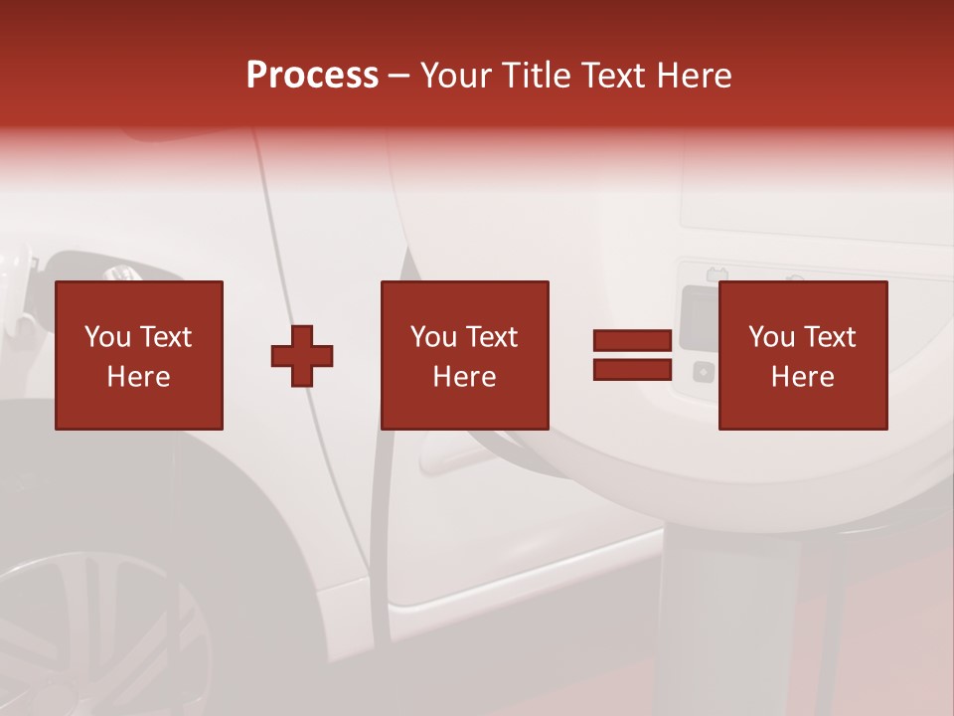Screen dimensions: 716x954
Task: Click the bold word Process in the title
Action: tap(312, 75)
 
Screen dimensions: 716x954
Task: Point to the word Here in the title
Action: tap(692, 75)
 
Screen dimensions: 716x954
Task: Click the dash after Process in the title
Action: tap(398, 76)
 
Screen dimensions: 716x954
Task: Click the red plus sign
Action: tap(302, 355)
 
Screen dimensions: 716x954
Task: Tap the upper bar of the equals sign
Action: tap(632, 340)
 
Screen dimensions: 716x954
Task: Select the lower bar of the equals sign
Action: tap(632, 370)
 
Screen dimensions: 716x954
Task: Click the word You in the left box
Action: tap(107, 337)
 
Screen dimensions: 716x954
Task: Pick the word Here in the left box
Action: tap(139, 377)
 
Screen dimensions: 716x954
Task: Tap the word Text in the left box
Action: tap(165, 337)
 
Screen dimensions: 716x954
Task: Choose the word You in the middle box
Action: tap(433, 337)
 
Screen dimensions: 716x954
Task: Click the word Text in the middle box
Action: tap(491, 337)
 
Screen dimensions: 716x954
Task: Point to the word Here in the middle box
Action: tap(465, 377)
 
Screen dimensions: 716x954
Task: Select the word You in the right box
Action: tap(771, 337)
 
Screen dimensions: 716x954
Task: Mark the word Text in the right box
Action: tap(829, 337)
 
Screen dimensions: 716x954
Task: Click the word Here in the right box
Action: tap(803, 377)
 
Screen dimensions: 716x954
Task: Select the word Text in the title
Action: tap(612, 75)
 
